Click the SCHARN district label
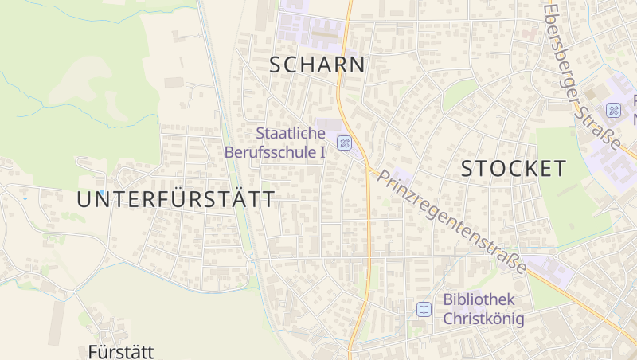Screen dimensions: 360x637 point(317,65)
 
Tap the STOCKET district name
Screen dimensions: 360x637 point(514,168)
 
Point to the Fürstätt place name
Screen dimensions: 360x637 point(120,351)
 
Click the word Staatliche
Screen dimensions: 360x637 point(291,133)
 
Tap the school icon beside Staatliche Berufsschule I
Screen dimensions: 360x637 point(344,143)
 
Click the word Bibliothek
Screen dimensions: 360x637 point(479,300)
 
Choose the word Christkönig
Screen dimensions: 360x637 point(483,319)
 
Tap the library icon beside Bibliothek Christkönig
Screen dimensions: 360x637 point(424,309)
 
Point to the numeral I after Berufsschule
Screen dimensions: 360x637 point(322,151)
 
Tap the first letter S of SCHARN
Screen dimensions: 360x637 point(276,65)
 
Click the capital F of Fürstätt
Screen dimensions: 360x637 point(93,351)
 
